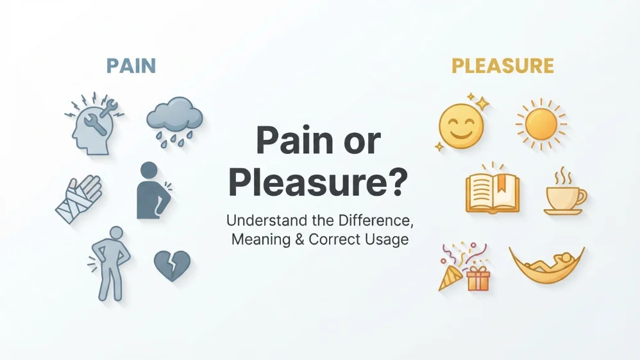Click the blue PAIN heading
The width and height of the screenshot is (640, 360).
(131, 66)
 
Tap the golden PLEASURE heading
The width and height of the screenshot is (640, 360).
(503, 66)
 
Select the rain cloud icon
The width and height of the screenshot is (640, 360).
(174, 121)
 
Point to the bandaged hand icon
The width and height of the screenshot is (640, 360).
(79, 199)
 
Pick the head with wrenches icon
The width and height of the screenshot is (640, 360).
(94, 124)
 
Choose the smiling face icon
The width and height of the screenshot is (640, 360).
(461, 126)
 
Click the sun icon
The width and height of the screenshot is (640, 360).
(541, 124)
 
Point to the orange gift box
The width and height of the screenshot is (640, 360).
(478, 279)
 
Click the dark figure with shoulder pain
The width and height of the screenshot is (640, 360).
(151, 191)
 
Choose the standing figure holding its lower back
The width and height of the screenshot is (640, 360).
(110, 264)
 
